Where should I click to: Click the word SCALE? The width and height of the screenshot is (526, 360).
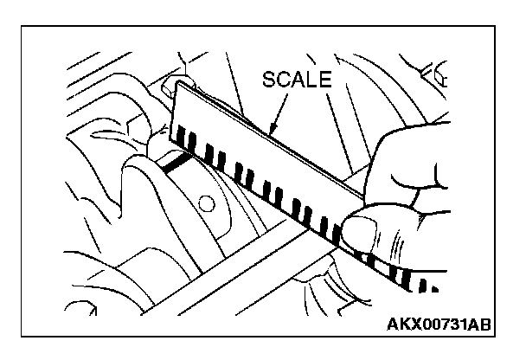click(297, 80)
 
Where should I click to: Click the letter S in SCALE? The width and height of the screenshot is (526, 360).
click(269, 80)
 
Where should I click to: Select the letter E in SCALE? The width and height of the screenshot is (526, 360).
click(324, 80)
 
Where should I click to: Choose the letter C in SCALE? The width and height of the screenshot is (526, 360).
click(283, 80)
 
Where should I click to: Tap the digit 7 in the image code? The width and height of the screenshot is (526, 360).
click(439, 325)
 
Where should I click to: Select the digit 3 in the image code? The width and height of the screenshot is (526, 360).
click(450, 325)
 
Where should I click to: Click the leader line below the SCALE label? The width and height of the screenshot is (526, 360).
click(280, 108)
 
